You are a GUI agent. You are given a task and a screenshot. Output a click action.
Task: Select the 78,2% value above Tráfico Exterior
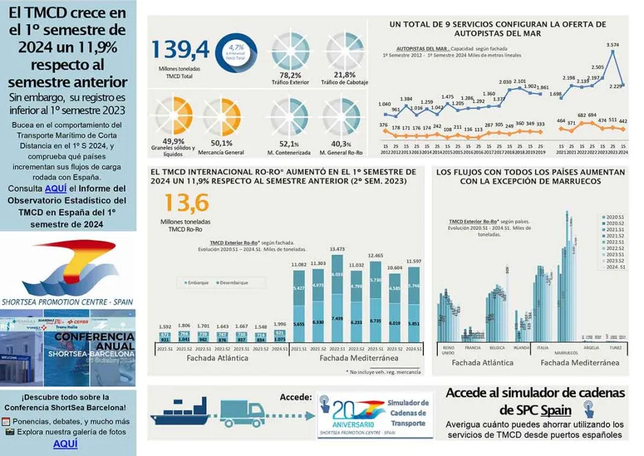(x=287, y=75)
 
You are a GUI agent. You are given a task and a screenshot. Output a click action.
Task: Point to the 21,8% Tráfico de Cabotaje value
(x=344, y=75)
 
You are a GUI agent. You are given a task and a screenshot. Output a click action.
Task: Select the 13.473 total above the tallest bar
(x=337, y=249)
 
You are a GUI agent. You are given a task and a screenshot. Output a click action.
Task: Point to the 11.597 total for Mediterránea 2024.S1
(x=414, y=261)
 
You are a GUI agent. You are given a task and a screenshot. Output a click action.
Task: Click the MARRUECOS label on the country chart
(x=566, y=352)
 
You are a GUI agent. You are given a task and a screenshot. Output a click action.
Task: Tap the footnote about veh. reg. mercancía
(x=384, y=372)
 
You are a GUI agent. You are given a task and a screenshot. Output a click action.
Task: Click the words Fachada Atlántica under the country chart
(x=482, y=363)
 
